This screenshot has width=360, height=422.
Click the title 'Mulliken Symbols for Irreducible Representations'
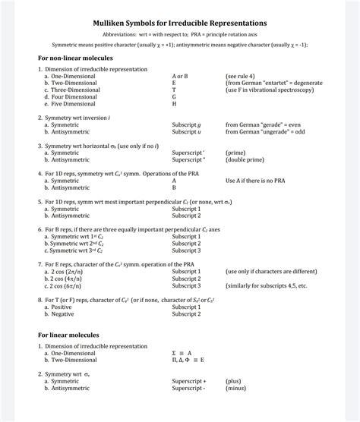pos(180,24)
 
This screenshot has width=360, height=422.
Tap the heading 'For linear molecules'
pos(65,334)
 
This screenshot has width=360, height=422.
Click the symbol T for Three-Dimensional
pos(174,90)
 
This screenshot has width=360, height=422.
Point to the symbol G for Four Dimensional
pos(174,96)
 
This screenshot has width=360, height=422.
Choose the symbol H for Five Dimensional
pos(174,103)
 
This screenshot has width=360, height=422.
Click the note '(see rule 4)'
pos(241,76)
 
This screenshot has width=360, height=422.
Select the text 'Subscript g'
pos(186,124)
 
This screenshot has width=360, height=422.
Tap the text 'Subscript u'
pos(186,131)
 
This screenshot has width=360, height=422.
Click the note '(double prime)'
pos(245,159)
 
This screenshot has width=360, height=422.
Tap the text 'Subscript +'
pos(188,381)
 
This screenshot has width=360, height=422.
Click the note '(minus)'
pos(238,388)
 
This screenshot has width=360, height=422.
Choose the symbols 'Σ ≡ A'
pos(182,353)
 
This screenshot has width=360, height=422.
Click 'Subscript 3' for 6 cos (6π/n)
pos(186,285)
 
